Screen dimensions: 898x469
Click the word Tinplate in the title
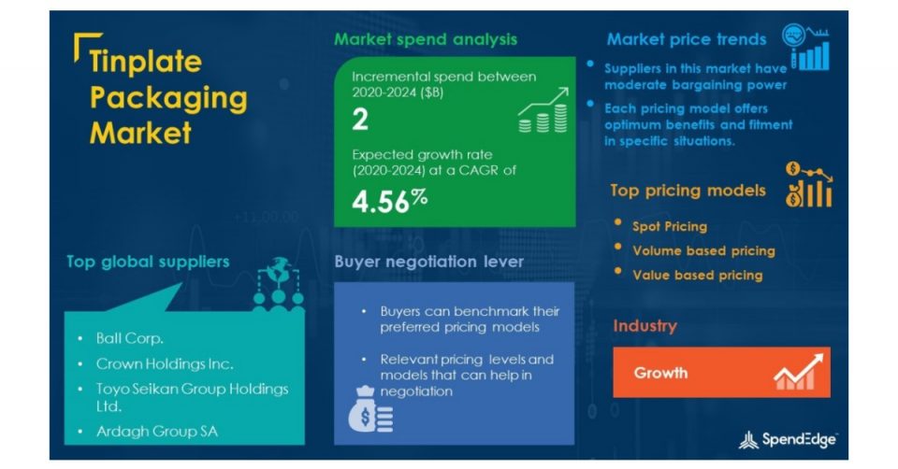tap(146, 62)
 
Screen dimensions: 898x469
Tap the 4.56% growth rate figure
tap(389, 201)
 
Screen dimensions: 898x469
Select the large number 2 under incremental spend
tap(360, 120)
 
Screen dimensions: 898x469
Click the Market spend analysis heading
tap(426, 39)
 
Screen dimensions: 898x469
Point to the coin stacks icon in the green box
tap(543, 110)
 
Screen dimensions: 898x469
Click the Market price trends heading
tap(686, 39)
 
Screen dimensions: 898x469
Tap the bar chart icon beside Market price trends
tap(806, 48)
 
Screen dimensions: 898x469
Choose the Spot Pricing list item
tap(670, 226)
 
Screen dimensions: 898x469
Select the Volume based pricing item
tap(703, 250)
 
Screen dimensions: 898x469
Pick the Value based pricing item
tap(698, 275)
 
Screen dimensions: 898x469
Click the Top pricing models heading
tap(688, 191)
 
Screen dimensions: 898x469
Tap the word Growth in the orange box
tap(660, 373)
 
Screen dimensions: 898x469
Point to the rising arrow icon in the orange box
tap(798, 372)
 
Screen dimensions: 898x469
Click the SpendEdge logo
tap(788, 440)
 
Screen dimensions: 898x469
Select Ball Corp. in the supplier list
tap(129, 338)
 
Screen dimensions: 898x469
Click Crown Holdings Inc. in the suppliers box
tap(165, 363)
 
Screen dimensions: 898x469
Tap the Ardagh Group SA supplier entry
tap(157, 432)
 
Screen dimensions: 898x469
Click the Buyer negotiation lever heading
tap(429, 262)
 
